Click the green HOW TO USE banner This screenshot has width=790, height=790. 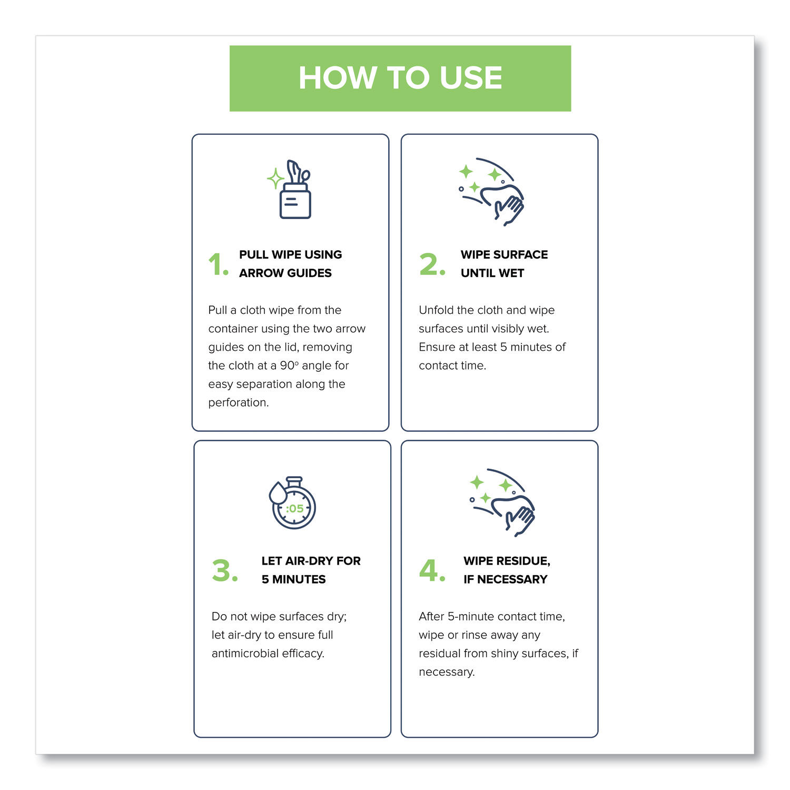(x=400, y=78)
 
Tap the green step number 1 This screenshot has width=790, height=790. (x=218, y=264)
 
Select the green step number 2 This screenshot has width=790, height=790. (x=432, y=264)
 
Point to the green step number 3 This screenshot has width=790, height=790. (x=224, y=570)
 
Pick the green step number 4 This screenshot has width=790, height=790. (x=432, y=570)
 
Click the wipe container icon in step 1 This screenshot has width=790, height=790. (x=293, y=190)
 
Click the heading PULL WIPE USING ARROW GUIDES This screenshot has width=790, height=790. (x=290, y=264)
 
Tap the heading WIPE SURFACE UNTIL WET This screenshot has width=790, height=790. (x=504, y=264)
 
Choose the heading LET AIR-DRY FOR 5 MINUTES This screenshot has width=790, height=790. (x=311, y=570)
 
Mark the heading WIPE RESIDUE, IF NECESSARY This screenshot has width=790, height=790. (x=507, y=570)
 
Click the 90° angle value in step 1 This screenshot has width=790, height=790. (x=289, y=366)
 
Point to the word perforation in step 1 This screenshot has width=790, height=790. (x=238, y=403)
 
